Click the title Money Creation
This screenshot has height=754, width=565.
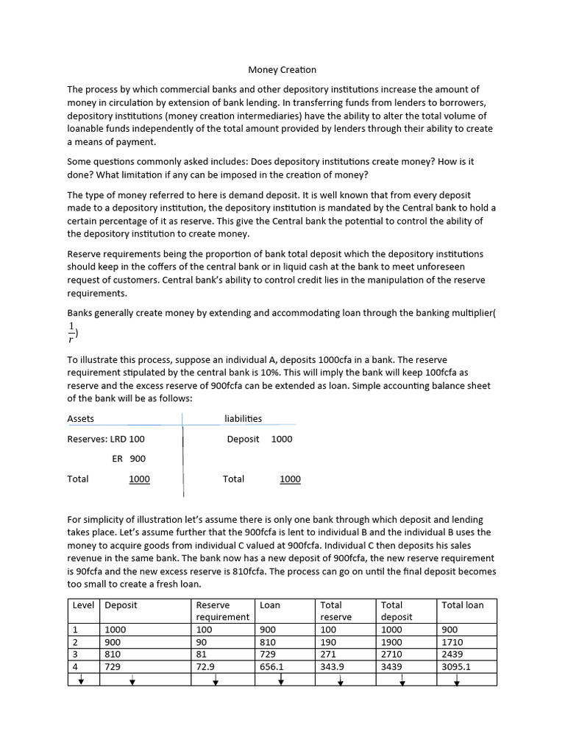pyautogui.click(x=282, y=70)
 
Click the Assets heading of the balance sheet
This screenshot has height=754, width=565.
pyautogui.click(x=81, y=418)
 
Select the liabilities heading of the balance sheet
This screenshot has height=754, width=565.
pyautogui.click(x=243, y=418)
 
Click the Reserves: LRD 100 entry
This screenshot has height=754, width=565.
pyautogui.click(x=106, y=438)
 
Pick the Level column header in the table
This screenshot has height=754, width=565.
pyautogui.click(x=84, y=605)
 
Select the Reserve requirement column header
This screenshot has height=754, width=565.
pyautogui.click(x=222, y=610)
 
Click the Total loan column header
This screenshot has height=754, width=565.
pyautogui.click(x=463, y=605)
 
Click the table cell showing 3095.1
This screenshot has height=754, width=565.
pyautogui.click(x=456, y=666)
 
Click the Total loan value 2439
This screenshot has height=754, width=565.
pyautogui.click(x=452, y=654)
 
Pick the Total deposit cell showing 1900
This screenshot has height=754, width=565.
pyautogui.click(x=393, y=642)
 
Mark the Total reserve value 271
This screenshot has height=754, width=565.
pyautogui.click(x=328, y=654)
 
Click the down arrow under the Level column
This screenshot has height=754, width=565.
pyautogui.click(x=81, y=680)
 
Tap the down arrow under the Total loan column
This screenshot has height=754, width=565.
pyautogui.click(x=457, y=680)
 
